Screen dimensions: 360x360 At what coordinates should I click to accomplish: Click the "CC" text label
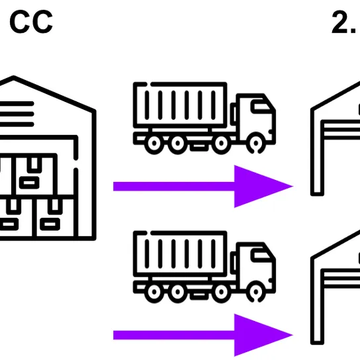pos(31,22)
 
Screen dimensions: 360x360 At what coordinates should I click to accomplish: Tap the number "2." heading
pos(345,22)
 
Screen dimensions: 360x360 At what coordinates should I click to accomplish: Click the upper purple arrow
pos(203,186)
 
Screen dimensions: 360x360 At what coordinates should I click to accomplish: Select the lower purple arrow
pos(203,335)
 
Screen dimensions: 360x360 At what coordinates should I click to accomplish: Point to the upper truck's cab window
pos(261,107)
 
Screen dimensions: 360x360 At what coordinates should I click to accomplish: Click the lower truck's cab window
pos(261,255)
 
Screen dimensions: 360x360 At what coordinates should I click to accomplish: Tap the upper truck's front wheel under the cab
pos(256,144)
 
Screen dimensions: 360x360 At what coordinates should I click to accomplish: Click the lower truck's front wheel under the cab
pos(256,292)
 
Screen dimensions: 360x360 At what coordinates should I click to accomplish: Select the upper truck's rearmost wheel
pos(154,144)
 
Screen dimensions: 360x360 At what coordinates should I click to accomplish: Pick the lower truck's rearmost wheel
pos(154,292)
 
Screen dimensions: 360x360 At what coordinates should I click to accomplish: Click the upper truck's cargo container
pos(180,105)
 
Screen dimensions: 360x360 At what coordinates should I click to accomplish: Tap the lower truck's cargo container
pos(180,253)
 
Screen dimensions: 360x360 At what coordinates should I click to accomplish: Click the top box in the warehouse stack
pos(34,175)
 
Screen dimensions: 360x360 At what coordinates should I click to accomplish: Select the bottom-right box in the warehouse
pos(55,217)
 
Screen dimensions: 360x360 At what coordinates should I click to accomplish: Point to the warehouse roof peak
pos(13,77)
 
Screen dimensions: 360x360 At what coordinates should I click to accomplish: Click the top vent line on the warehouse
pos(17,104)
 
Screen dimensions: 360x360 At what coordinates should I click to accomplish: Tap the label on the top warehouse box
pos(29,183)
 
